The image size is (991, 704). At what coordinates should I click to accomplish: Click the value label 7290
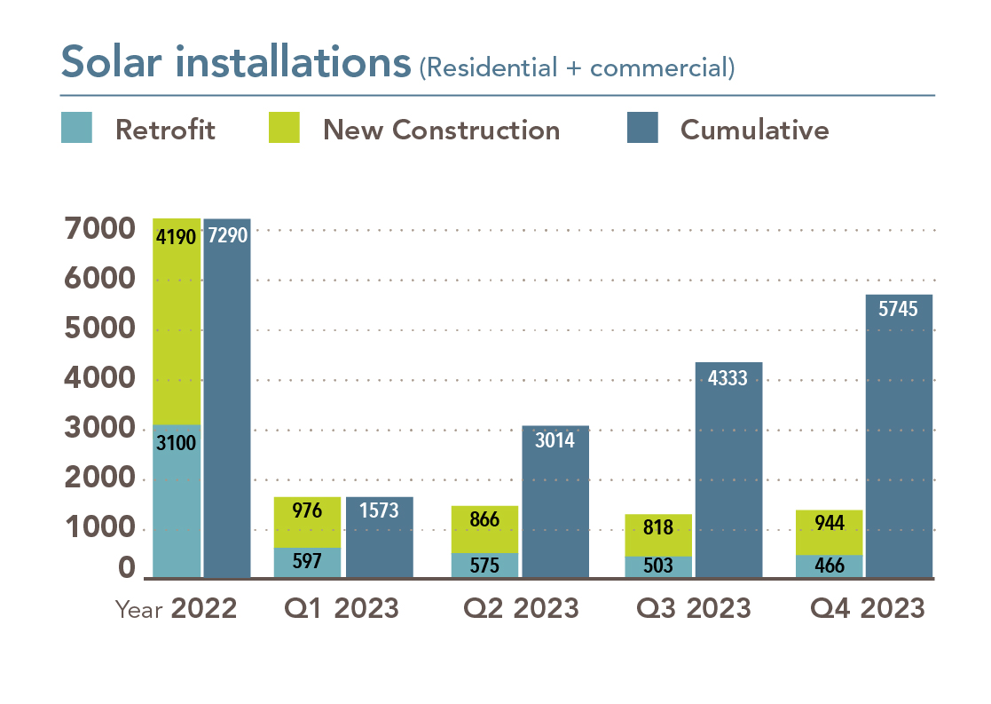click(x=226, y=236)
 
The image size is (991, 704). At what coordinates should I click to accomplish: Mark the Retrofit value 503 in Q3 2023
click(x=657, y=566)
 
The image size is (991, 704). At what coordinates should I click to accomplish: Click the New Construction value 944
click(x=829, y=522)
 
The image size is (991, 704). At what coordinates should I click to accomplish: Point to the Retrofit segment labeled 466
click(x=829, y=566)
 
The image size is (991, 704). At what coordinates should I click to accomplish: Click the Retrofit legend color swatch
click(x=76, y=128)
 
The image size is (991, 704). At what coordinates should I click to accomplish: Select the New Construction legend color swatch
click(x=284, y=128)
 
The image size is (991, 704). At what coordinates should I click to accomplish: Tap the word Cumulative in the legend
click(x=754, y=130)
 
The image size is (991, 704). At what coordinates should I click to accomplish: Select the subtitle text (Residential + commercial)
click(x=577, y=67)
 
